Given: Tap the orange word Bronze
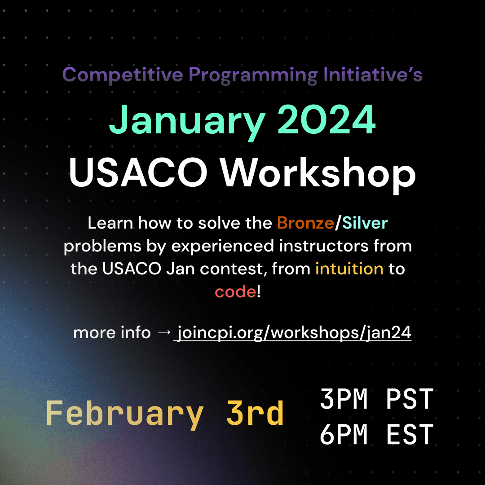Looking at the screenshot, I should [305, 223].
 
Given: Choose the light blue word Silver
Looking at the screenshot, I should [365, 223].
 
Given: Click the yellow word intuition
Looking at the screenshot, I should [349, 269].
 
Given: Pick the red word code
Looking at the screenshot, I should [235, 292].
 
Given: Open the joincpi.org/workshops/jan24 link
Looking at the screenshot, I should [295, 333].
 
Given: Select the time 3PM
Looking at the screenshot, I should [343, 399].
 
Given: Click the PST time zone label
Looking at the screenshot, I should [409, 399].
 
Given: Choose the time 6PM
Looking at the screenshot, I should [343, 435].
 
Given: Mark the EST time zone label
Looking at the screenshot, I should [409, 435].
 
